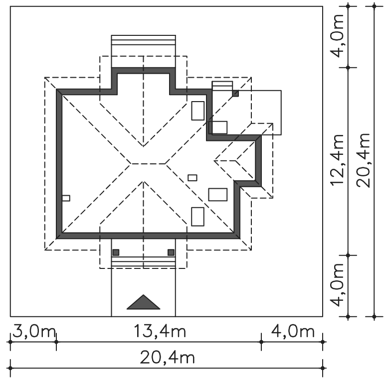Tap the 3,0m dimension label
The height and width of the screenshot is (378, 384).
click(x=34, y=331)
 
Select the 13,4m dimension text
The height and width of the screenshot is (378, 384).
click(x=160, y=331)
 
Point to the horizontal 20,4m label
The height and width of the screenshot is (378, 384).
click(x=167, y=358)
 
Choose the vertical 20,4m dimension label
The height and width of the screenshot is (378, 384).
click(x=363, y=160)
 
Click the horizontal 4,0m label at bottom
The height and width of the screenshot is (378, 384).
click(x=293, y=331)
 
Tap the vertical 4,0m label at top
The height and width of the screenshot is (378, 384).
click(x=337, y=36)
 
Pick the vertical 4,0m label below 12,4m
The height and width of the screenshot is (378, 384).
click(x=337, y=285)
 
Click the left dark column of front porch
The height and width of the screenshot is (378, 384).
click(x=116, y=252)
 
